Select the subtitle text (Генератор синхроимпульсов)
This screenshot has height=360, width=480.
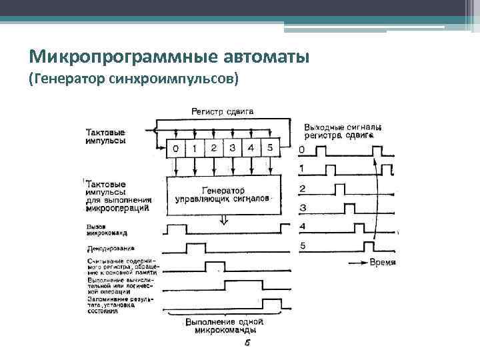pos(133,79)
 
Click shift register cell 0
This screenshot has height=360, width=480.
pos(175,148)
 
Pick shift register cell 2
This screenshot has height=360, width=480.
pos(213,148)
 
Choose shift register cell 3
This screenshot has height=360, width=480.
pos(232,148)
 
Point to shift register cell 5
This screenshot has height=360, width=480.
pos(269,148)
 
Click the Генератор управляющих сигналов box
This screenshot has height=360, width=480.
pos(224,195)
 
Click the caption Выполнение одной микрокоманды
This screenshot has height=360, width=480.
pos(223,326)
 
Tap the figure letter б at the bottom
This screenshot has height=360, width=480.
pos(247,343)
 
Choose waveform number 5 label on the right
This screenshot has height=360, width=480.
pos(303,246)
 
